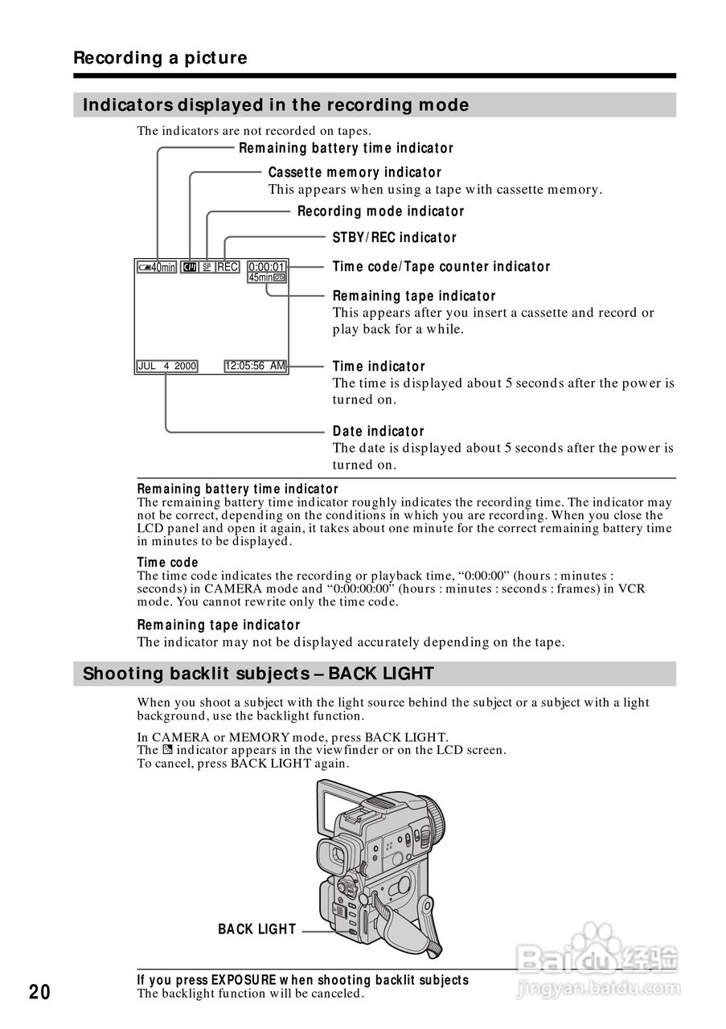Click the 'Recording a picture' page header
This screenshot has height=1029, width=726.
160,58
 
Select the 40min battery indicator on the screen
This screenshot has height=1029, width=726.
157,267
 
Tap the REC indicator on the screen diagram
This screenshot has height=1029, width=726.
228,267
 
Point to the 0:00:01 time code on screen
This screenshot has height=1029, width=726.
266,267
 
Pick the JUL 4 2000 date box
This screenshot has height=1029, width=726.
167,367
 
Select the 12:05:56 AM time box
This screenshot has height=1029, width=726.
255,367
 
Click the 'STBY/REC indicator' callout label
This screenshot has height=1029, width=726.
394,238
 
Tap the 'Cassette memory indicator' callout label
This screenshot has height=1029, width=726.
355,173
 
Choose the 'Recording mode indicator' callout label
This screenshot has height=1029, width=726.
380,211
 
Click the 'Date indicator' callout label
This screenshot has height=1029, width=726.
378,432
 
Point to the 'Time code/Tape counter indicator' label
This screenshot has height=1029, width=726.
441,267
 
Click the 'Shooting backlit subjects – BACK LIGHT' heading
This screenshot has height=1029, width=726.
258,674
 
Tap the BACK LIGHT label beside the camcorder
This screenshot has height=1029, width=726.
256,929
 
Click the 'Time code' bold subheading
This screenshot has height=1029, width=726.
167,563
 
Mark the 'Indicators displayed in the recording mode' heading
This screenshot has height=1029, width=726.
276,105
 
